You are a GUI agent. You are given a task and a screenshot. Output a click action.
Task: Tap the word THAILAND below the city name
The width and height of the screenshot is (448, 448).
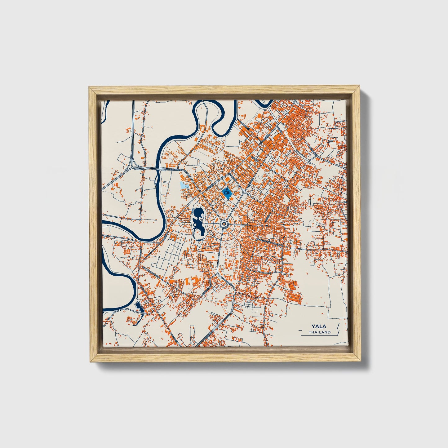[319, 332]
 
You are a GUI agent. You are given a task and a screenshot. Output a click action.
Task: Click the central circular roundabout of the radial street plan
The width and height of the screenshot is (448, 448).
[224, 224]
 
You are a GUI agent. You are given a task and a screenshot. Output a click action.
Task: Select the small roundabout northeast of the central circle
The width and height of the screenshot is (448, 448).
[244, 192]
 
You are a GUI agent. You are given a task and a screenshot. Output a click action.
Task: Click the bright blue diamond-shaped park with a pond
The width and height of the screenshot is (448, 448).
[227, 193]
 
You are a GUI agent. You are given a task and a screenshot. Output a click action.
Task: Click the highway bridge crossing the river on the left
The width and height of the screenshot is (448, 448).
[159, 169]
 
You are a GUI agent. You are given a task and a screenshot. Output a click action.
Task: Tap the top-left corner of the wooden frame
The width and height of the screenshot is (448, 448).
[90, 88]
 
